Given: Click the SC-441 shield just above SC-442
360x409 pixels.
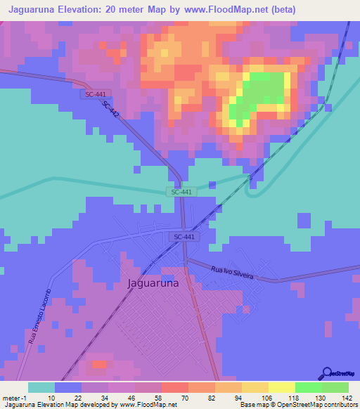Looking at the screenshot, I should (91, 93).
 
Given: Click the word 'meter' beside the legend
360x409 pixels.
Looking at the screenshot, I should (11, 397).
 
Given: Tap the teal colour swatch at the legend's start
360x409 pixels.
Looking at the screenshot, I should (41, 387).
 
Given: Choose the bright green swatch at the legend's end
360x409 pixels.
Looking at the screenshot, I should (335, 387).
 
